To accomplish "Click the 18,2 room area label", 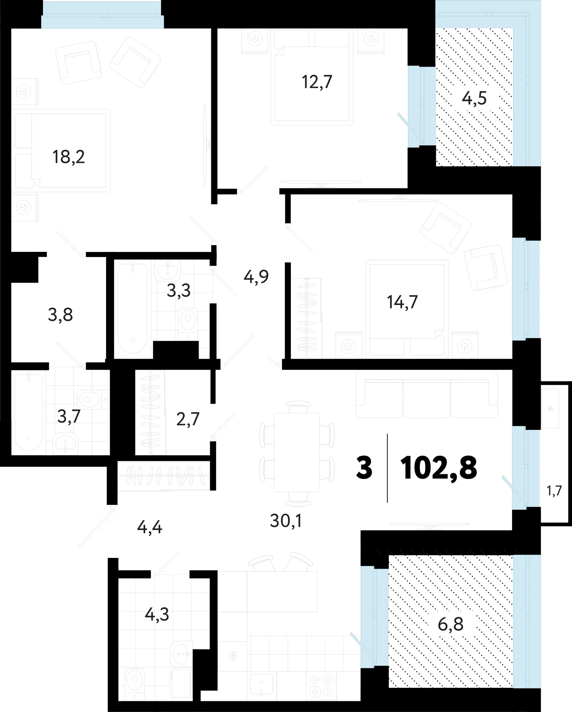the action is click(x=69, y=157).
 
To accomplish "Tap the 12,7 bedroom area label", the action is click(x=317, y=82).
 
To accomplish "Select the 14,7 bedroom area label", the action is click(x=402, y=302).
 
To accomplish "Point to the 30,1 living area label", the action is click(x=286, y=520).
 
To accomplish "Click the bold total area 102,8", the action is click(x=439, y=468).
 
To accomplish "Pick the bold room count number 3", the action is click(x=364, y=468).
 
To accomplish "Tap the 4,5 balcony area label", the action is click(x=474, y=98).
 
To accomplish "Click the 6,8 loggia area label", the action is click(x=451, y=624).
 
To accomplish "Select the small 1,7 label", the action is click(x=555, y=491).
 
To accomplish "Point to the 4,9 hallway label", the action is click(x=256, y=277).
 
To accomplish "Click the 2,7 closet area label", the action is click(x=188, y=419).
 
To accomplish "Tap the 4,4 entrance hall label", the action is click(x=150, y=528).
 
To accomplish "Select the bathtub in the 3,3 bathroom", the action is click(x=133, y=308).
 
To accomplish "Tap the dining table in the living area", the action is click(x=297, y=452).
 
